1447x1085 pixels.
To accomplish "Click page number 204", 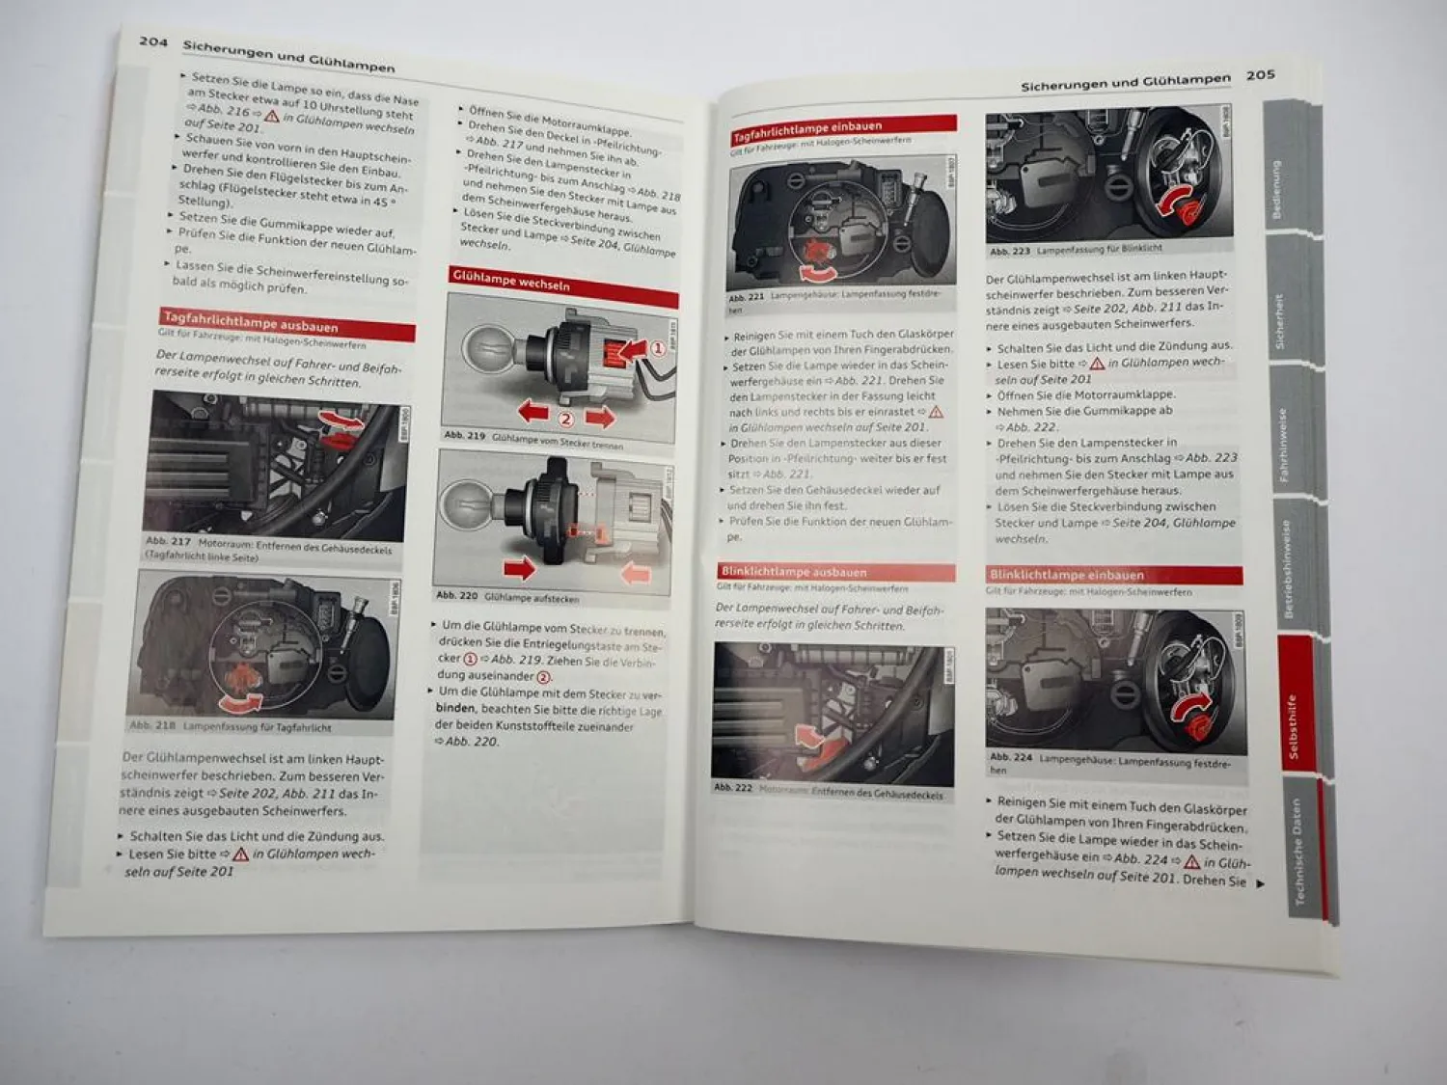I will tap(153, 41).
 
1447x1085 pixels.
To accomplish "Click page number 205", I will tap(1260, 75).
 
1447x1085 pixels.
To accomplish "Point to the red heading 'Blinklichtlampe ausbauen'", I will tap(794, 572).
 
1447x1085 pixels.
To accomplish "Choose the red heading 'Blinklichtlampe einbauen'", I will tap(1067, 575).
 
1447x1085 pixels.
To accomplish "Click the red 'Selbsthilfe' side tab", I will tap(1294, 725).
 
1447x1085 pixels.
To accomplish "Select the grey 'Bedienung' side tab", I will tap(1276, 189).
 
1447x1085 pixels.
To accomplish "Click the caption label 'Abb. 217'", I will tap(168, 542).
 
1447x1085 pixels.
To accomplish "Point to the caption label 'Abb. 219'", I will tap(464, 436).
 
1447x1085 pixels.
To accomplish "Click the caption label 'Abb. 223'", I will tap(1009, 251).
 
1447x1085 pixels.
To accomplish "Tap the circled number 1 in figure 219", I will tap(657, 348).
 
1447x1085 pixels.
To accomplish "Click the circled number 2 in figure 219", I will tap(565, 419).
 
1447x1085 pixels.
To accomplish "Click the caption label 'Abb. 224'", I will tap(1010, 757).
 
